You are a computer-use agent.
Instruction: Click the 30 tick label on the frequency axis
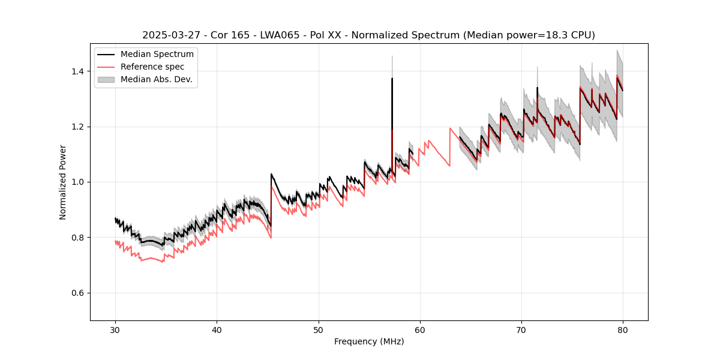coord(116,330)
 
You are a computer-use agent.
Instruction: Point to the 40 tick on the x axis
coord(217,330)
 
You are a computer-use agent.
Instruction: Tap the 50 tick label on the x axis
coord(319,330)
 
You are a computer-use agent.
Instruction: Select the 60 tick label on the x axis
coord(420,330)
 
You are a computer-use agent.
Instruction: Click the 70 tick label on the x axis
coord(521,330)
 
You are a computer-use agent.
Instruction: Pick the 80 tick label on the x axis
coord(623,330)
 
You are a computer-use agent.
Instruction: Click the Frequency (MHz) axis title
coord(369,341)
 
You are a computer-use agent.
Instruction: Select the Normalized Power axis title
coord(63,182)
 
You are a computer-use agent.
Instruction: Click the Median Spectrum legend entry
coord(157,55)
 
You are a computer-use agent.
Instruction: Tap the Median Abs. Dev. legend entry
coord(157,79)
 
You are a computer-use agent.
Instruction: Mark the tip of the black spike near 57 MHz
coord(392,78)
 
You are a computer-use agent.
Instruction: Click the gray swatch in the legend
coord(108,79)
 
